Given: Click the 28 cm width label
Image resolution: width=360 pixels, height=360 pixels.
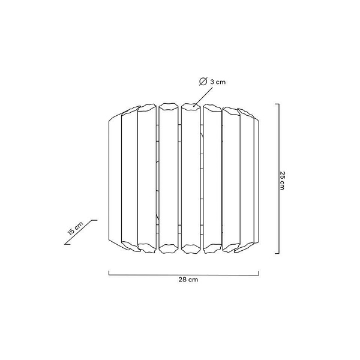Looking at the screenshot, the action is coord(188,280).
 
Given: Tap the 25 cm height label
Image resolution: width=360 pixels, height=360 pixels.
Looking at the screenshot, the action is coord(282,181).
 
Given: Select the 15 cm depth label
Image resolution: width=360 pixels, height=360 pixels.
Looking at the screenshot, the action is coord(76,229).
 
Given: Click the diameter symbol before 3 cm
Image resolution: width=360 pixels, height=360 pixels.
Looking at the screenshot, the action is coord(203,82).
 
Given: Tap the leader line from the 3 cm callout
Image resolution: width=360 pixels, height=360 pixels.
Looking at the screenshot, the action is coord(203,97).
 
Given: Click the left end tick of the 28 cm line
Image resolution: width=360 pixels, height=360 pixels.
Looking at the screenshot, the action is coord(109,273).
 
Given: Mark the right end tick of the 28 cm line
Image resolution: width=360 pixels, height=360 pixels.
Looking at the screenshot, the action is coord(259,273).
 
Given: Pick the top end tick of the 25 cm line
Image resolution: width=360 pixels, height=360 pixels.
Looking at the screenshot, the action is coord(277,104).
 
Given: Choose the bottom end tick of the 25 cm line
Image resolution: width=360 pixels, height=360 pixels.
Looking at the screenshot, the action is coord(277,253).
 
